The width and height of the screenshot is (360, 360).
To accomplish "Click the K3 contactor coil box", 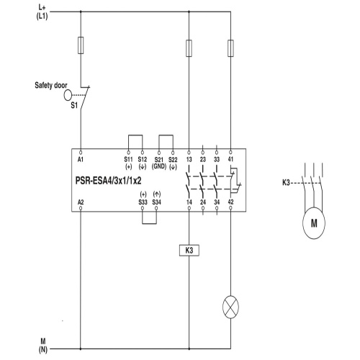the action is point(189,251).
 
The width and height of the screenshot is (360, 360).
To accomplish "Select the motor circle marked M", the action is point(314,223).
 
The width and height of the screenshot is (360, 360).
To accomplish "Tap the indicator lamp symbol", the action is point(230,307).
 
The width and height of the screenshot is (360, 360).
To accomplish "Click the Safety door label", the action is point(51,85).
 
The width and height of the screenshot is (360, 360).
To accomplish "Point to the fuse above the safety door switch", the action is point(81,45).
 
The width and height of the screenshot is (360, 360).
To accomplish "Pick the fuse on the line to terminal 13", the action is point(189,48).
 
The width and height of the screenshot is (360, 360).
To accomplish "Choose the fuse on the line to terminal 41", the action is point(230,48).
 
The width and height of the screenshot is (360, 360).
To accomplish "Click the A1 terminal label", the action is point(81,159).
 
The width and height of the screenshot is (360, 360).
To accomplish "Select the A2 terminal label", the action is point(81,202).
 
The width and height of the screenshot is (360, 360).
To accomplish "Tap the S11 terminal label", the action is point(128,159).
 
